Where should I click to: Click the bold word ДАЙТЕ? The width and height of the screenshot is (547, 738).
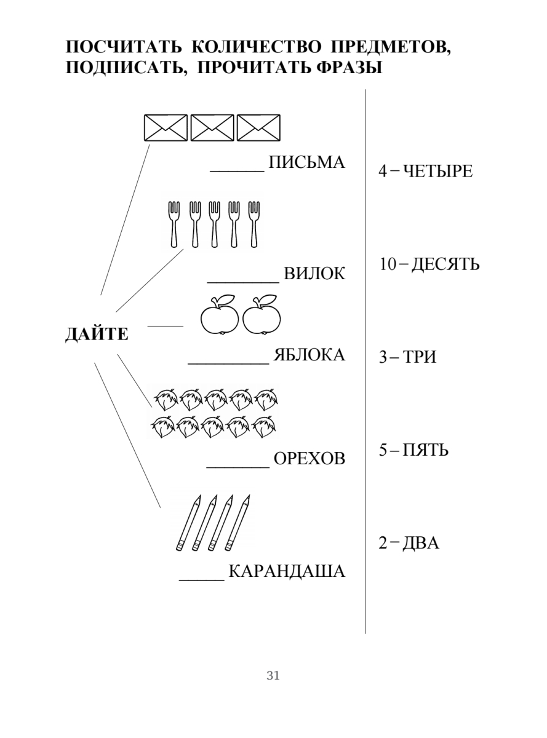[x=97, y=334]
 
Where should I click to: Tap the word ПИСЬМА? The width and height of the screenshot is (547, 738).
[x=306, y=162]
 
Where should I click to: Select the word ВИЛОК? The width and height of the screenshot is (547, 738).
[x=314, y=274]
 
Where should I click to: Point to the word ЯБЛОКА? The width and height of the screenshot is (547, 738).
[x=309, y=355]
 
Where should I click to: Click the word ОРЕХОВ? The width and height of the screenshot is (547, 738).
[x=309, y=459]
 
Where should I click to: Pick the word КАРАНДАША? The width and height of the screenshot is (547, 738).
[x=287, y=571]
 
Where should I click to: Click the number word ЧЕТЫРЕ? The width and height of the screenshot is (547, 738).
[x=438, y=171]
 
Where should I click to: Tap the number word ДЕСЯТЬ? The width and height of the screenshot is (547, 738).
[x=445, y=264]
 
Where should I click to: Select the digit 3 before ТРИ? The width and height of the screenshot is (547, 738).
[x=383, y=357]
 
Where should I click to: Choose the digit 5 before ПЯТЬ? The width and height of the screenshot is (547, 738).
[x=383, y=450]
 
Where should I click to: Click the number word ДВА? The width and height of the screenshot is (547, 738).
[x=421, y=543]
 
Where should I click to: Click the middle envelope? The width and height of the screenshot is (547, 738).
[x=212, y=128]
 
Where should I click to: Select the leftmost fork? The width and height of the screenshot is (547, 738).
[x=174, y=224]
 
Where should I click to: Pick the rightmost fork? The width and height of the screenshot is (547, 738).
[x=254, y=224]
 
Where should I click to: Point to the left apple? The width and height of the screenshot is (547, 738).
[x=220, y=319]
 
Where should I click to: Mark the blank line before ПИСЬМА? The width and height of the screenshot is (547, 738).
[x=237, y=172]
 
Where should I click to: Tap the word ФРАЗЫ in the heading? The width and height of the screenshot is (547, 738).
[x=349, y=68]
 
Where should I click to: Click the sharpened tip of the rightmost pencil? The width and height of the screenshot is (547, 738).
[x=249, y=495]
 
